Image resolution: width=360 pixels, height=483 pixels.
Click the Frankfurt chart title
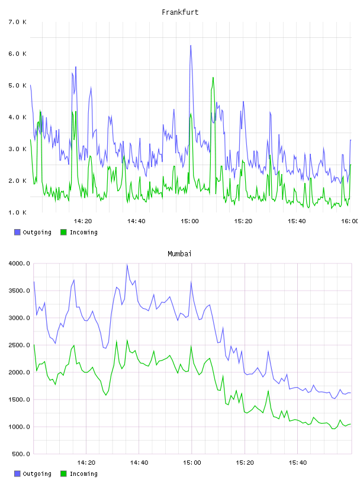point(180,12)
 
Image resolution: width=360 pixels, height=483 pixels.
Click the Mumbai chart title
point(179,254)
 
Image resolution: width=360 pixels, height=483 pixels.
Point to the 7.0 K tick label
point(18,22)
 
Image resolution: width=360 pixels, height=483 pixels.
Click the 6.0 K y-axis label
point(18,54)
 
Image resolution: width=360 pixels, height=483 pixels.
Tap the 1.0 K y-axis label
point(18,212)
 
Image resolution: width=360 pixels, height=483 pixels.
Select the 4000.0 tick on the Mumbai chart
point(20,263)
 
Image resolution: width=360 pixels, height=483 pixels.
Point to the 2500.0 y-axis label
point(20,345)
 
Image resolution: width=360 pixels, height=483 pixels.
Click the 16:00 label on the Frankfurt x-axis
point(350,221)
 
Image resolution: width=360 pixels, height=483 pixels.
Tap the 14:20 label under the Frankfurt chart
point(83,221)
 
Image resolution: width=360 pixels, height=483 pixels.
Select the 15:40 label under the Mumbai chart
point(298,462)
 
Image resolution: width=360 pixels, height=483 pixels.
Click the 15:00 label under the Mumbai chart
point(192,462)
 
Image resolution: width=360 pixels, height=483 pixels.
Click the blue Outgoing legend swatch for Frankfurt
point(17,232)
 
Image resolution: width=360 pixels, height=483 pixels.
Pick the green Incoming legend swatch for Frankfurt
point(63,232)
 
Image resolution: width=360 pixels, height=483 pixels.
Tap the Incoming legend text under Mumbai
point(83,474)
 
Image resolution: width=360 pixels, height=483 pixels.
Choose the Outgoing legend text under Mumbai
point(37,474)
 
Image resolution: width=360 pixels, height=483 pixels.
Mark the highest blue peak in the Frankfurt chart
point(191,46)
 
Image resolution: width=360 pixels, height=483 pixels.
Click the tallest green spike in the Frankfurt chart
point(213,78)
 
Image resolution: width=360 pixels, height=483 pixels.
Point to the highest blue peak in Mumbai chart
point(127,265)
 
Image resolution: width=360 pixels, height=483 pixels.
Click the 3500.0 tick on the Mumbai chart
point(20,291)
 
